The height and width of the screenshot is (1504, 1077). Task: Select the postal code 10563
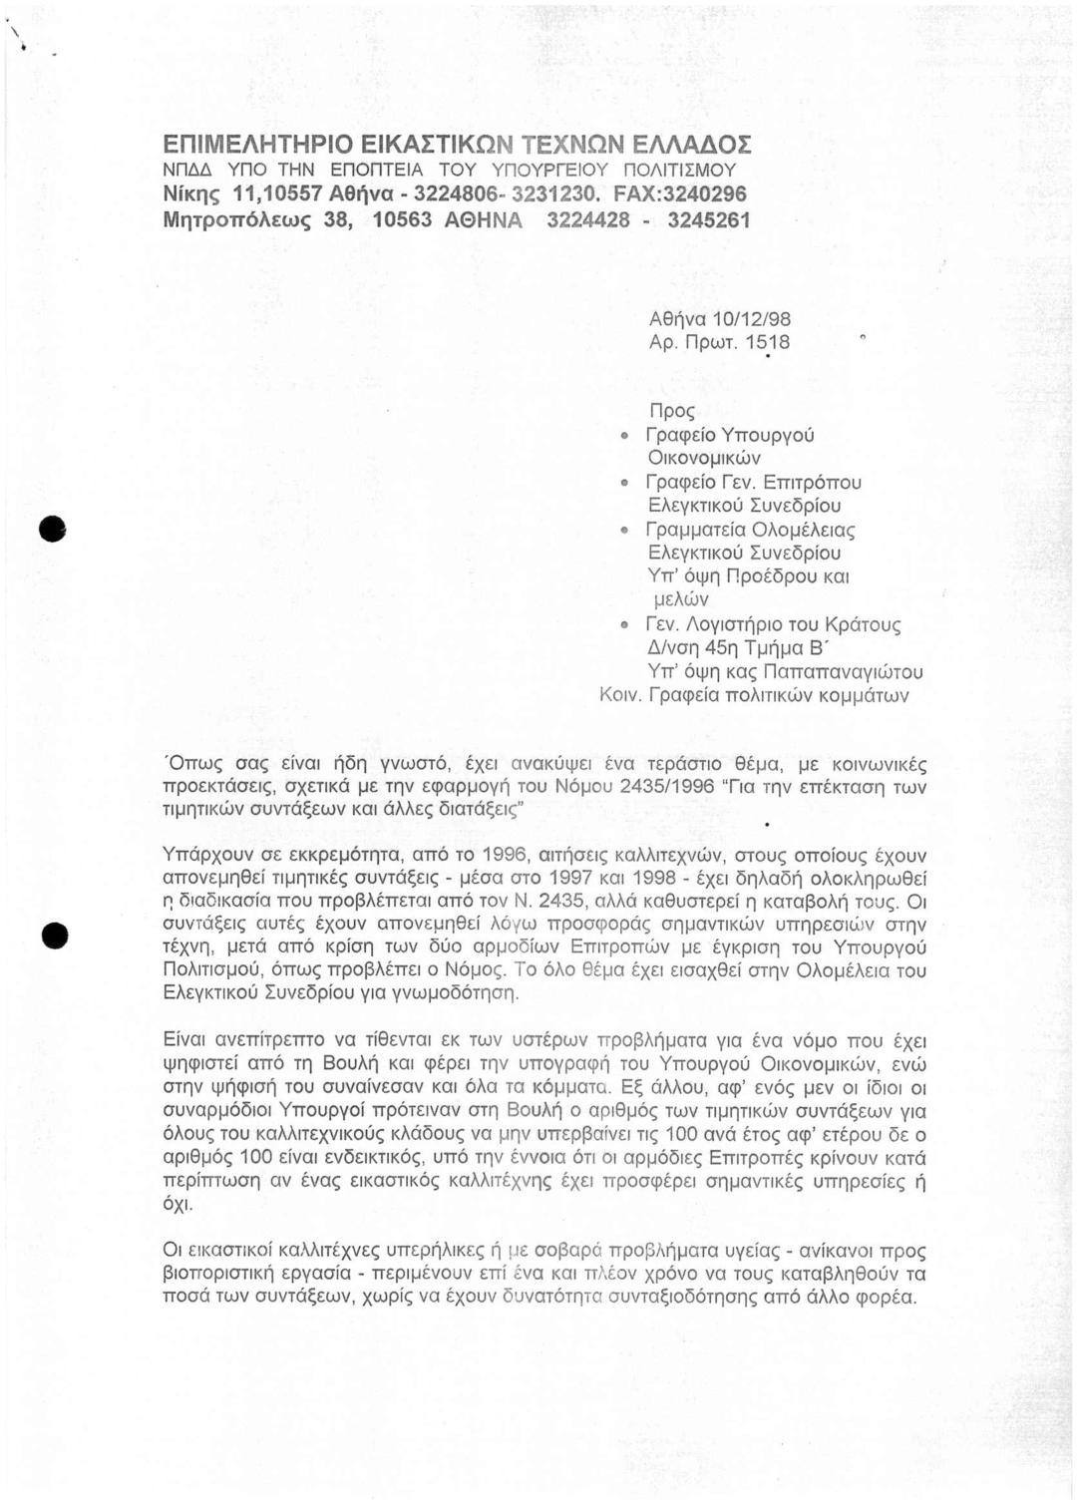coord(401,218)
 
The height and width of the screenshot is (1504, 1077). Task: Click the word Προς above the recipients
coord(671,412)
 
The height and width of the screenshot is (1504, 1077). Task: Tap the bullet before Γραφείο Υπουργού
coord(625,436)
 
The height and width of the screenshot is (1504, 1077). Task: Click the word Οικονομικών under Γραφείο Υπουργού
coord(705,459)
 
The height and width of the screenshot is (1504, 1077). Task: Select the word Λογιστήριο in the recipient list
coord(738,625)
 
